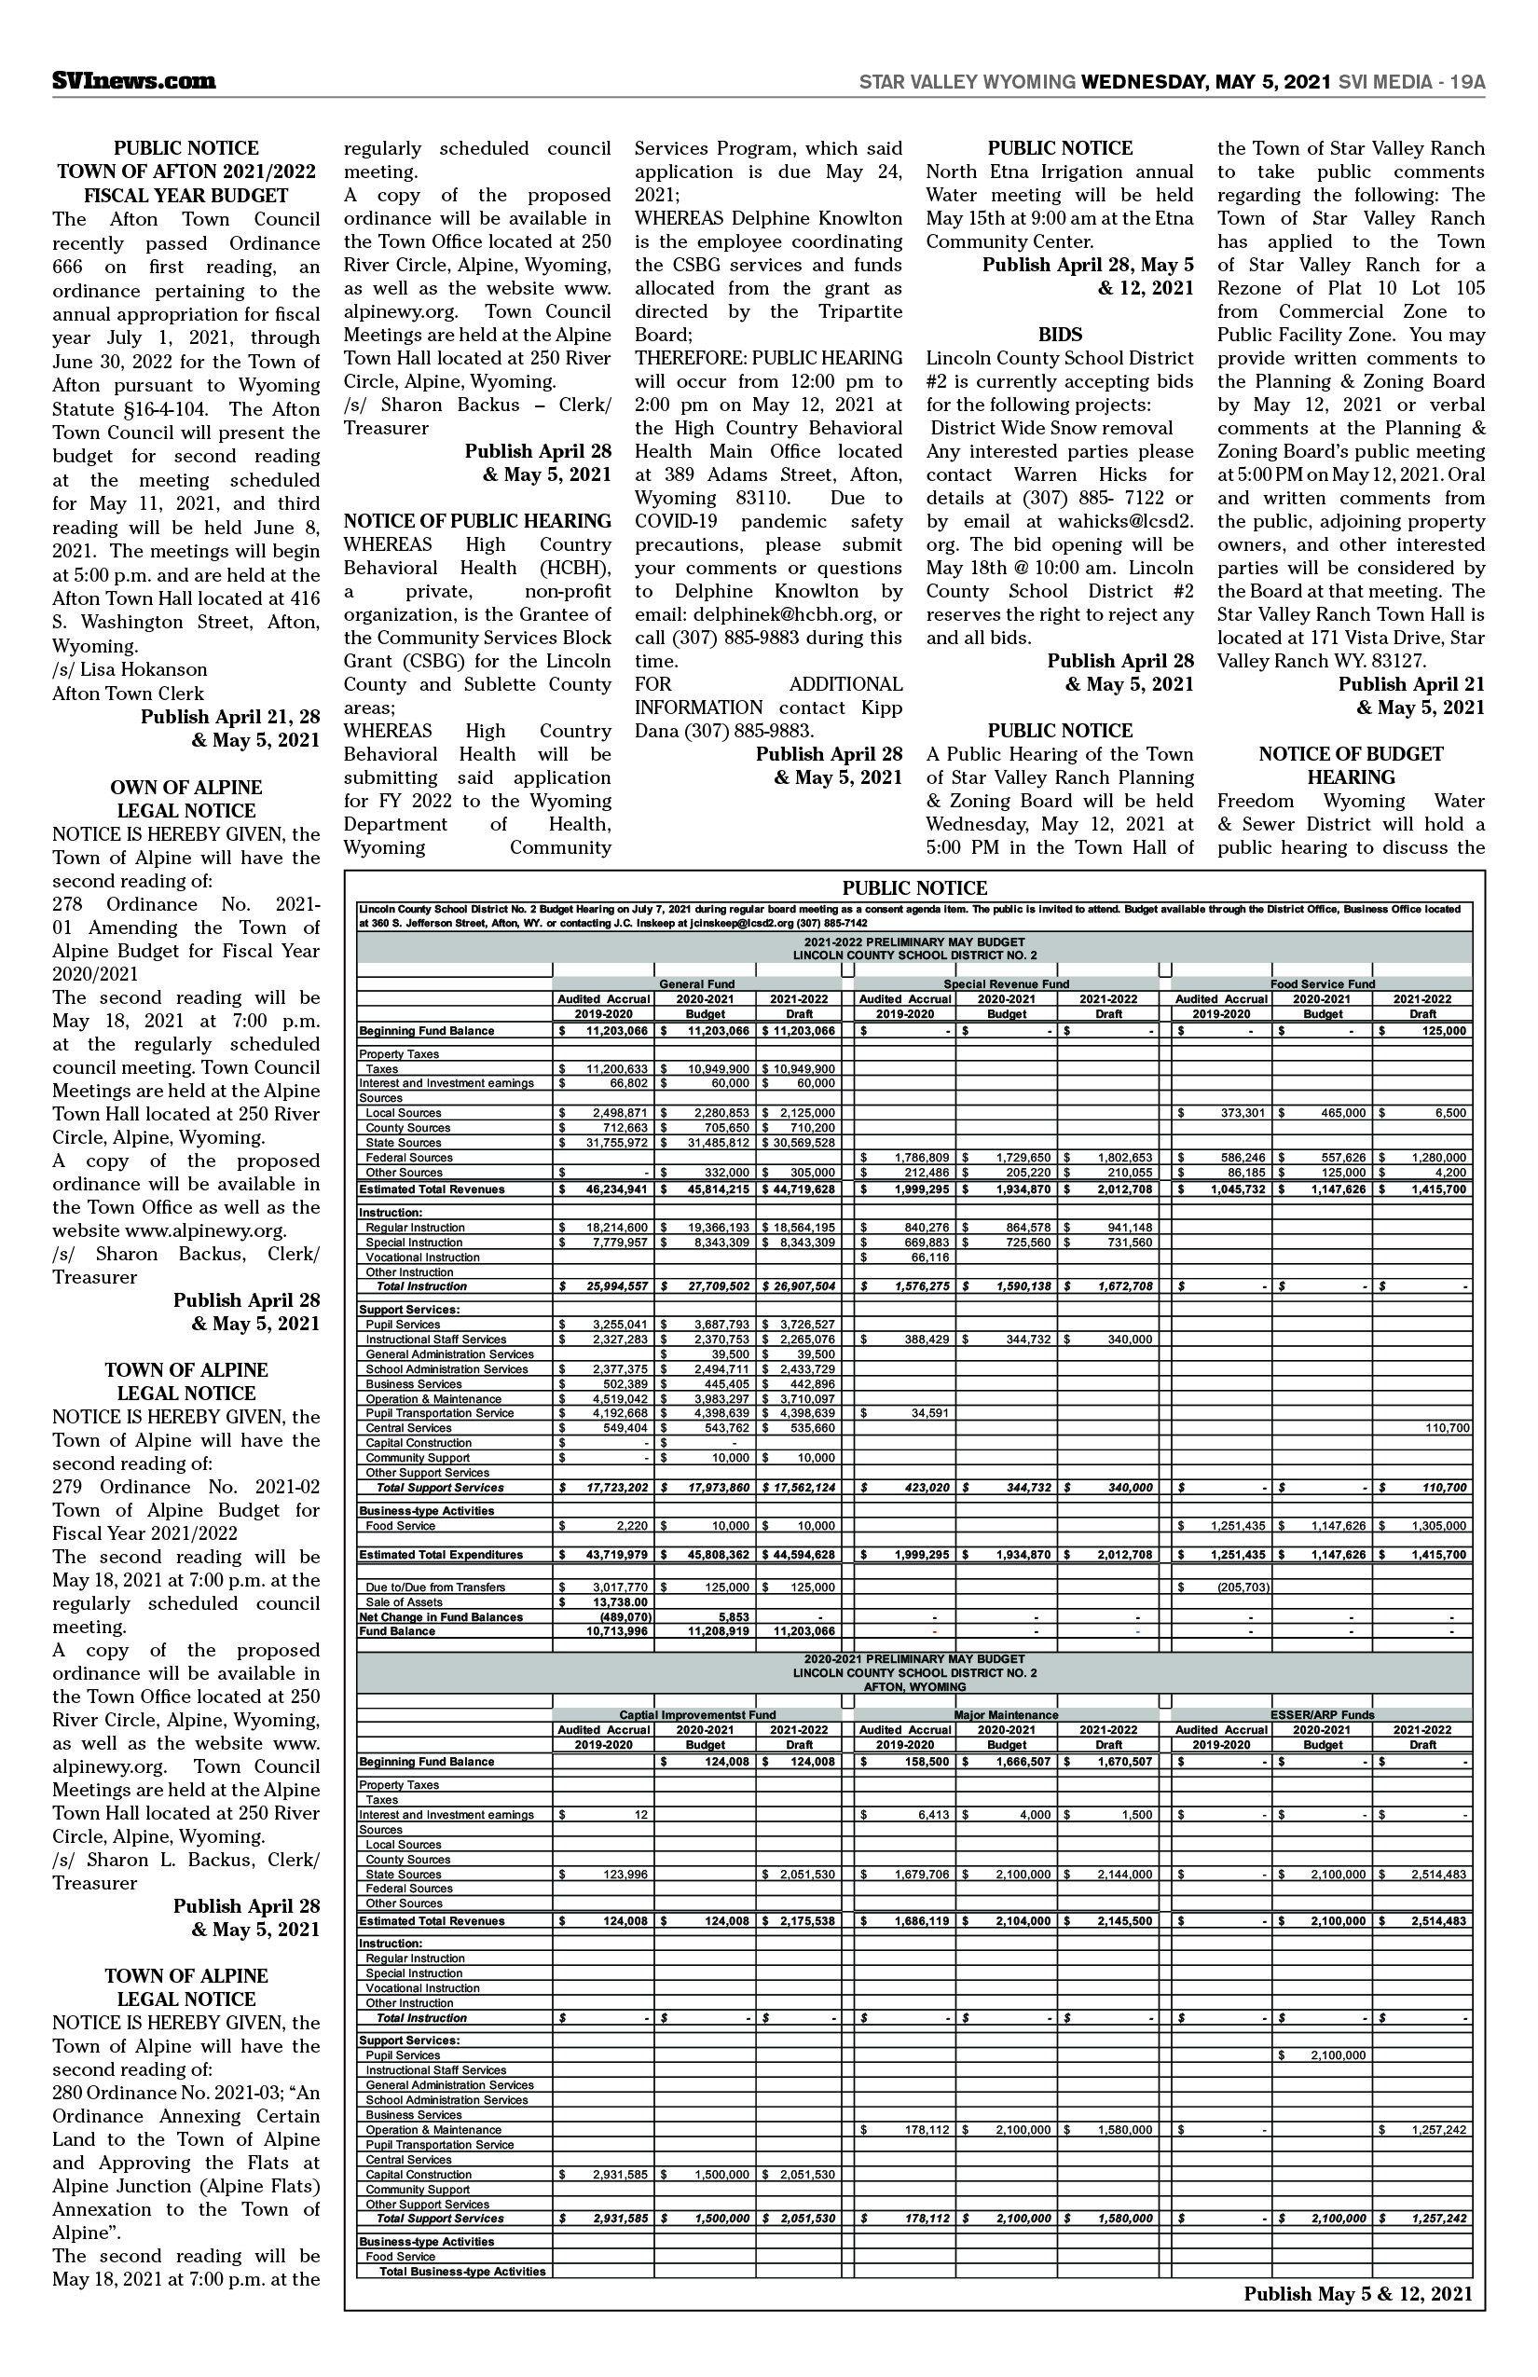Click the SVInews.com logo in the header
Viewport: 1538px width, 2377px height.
coord(134,82)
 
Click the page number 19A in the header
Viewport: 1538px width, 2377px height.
coord(1464,82)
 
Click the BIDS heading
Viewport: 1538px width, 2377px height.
coord(1060,335)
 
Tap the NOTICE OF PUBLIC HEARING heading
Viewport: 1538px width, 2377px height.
coord(477,521)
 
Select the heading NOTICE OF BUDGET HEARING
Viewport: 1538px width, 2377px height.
coord(1351,765)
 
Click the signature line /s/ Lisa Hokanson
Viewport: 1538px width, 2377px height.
coord(130,669)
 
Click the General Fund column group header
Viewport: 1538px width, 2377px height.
coord(696,983)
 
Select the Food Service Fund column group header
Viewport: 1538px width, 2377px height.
coord(1323,983)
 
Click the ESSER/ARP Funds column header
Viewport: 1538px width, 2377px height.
coord(1323,1715)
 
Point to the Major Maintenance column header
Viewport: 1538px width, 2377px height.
coord(1006,1715)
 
